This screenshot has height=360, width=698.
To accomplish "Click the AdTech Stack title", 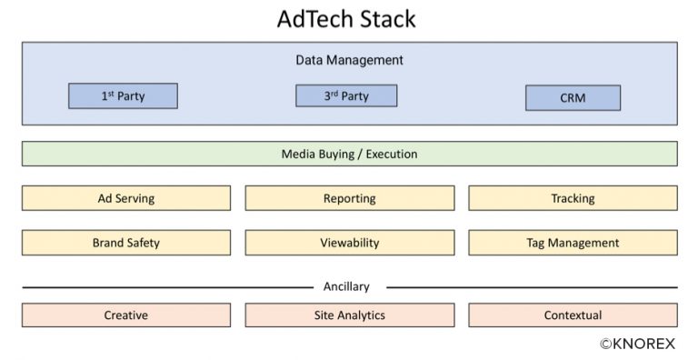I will point(349,19).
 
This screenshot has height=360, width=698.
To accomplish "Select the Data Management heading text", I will point(349,60).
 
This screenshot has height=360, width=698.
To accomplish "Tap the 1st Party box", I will point(123,95).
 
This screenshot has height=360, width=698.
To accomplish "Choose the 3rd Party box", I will point(346,95).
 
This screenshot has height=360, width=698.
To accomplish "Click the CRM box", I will point(573,97).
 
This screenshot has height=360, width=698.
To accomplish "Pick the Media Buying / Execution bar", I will point(349,154).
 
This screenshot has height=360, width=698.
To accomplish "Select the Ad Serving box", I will point(126,198).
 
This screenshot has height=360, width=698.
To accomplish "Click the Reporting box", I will point(349,198).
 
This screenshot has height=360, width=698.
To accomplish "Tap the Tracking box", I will point(573,198).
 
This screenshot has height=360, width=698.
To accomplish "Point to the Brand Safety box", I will point(126,243).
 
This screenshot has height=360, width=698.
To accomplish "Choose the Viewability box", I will point(349,243).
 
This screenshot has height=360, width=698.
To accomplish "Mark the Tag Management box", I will point(573,243).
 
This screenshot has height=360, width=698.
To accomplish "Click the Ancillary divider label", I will point(346,286).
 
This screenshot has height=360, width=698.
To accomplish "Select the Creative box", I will point(126,315).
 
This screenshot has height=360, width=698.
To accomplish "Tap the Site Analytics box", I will point(349,315).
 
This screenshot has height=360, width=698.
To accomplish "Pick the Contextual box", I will point(573,315).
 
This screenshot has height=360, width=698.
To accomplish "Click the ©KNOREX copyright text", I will point(638,344).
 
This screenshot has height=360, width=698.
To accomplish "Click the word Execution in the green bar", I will point(392,154).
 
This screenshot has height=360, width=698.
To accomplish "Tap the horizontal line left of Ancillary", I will point(164,287).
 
